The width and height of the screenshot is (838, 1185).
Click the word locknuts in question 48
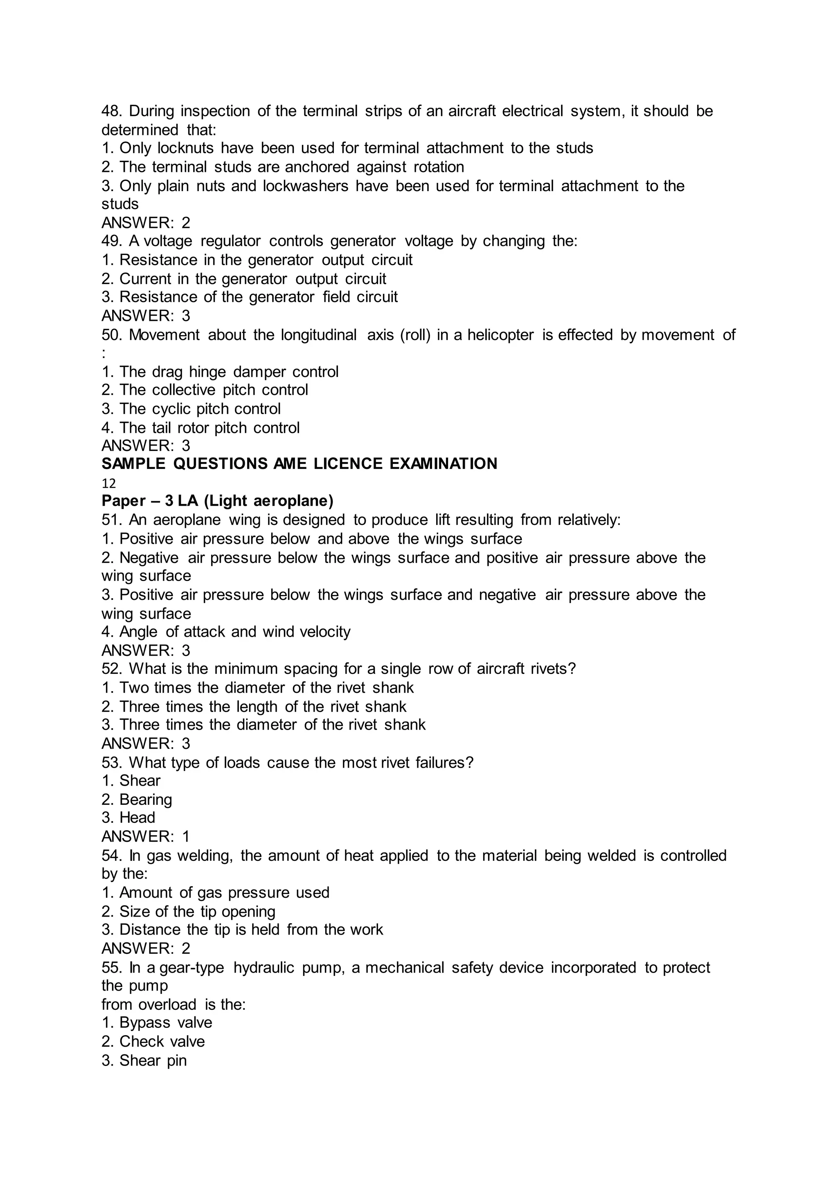pyautogui.click(x=185, y=148)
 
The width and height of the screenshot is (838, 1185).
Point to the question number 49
pyautogui.click(x=111, y=241)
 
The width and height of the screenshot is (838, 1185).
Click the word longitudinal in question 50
pyautogui.click(x=318, y=335)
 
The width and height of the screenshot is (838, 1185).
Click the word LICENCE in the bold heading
pyautogui.click(x=348, y=464)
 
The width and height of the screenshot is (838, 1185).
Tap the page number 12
pyautogui.click(x=108, y=484)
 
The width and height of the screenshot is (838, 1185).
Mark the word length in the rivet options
pyautogui.click(x=258, y=707)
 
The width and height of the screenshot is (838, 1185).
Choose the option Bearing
pyautogui.click(x=146, y=800)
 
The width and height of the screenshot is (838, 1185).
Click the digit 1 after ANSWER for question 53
pyautogui.click(x=186, y=837)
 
